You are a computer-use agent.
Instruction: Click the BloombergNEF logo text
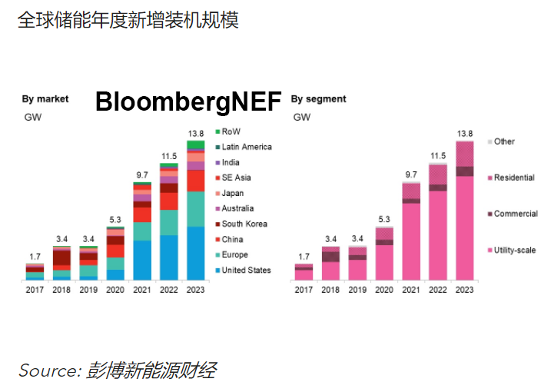pos(188,101)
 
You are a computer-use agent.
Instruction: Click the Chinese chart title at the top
pos(128,20)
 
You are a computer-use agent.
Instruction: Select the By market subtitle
pos(45,99)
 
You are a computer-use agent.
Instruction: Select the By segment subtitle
pos(319,99)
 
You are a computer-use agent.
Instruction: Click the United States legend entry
pos(246,270)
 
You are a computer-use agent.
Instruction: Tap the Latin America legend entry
pos(246,147)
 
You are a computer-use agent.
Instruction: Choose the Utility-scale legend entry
pos(514,251)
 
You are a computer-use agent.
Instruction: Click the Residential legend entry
pos(513,178)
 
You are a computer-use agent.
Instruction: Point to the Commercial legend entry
pos(515,214)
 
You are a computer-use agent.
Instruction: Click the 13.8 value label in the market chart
pos(196,134)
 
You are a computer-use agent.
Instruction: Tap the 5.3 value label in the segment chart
pos(384,220)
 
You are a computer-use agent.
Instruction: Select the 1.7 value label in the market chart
pos(35,256)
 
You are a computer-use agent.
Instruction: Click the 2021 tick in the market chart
pos(142,290)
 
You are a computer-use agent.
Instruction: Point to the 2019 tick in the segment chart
pos(357,290)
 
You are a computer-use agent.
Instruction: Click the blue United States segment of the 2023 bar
pos(196,254)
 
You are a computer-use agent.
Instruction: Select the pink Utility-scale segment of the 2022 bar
pos(438,234)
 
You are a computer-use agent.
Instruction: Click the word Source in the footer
pos(46,371)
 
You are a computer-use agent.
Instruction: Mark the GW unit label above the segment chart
pos(302,118)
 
